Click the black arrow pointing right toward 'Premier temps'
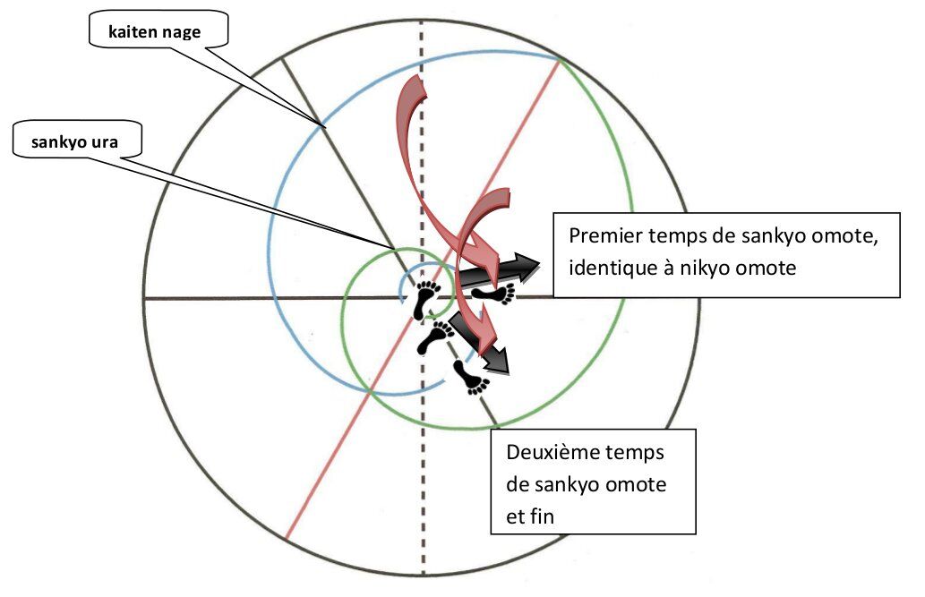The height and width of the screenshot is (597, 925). coord(510,267)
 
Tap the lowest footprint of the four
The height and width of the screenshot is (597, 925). coord(470,376)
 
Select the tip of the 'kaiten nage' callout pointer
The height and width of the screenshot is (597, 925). coord(321,124)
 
